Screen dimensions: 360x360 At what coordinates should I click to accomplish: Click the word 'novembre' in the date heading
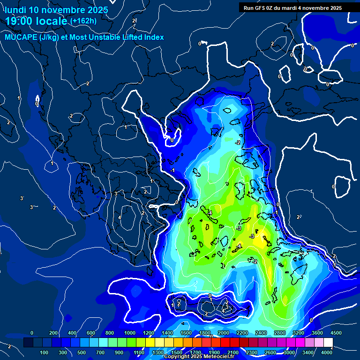tap(63, 10)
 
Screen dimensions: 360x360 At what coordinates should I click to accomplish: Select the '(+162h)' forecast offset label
tap(83, 21)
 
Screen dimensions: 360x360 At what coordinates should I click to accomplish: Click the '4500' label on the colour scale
tap(336, 333)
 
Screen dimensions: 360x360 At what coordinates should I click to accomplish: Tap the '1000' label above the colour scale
tap(129, 333)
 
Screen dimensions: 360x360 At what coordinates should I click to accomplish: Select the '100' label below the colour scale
tap(45, 352)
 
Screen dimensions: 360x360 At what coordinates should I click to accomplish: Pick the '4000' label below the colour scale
tap(327, 352)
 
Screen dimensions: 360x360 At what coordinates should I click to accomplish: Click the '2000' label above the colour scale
tap(223, 333)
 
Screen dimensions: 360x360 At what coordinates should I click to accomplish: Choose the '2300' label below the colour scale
tap(252, 352)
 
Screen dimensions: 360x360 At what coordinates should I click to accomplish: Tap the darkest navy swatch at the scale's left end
tap(29, 343)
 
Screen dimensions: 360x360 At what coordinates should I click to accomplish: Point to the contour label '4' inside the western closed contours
tap(120, 217)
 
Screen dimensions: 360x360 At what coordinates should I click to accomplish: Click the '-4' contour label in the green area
tap(210, 213)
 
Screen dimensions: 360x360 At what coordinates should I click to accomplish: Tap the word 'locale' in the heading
tap(50, 21)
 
